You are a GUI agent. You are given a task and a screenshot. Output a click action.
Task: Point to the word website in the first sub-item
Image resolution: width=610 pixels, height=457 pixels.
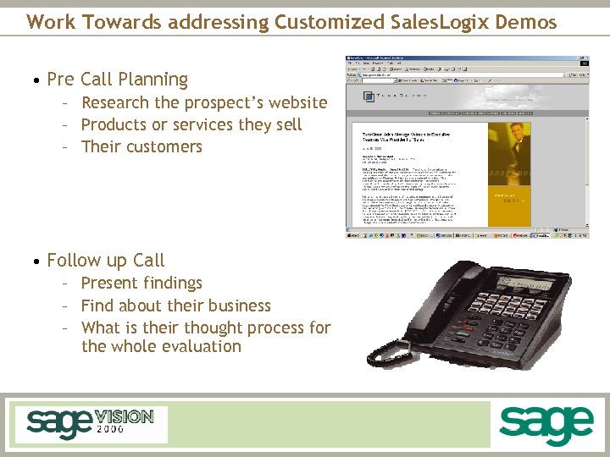click(292, 103)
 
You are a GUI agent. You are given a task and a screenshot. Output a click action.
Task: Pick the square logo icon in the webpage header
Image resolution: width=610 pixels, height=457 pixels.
click(369, 96)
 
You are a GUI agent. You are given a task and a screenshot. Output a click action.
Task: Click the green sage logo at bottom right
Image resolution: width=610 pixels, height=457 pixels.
click(546, 425)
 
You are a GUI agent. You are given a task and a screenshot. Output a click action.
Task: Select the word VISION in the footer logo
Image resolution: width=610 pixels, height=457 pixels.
click(124, 416)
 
